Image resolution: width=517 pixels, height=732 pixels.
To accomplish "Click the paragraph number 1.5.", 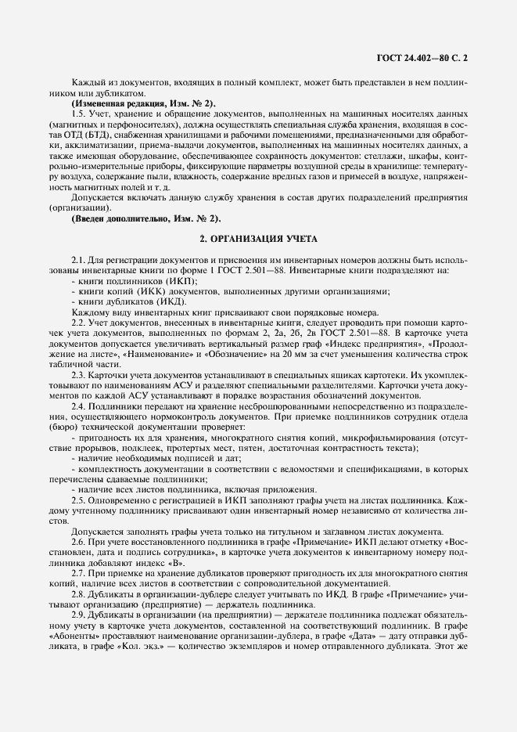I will [x=79, y=114].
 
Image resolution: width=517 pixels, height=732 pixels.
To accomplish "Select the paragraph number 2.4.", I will [x=79, y=406].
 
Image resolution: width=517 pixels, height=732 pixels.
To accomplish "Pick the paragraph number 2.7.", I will [x=79, y=573].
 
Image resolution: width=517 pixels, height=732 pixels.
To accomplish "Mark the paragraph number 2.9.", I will [x=79, y=615].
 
